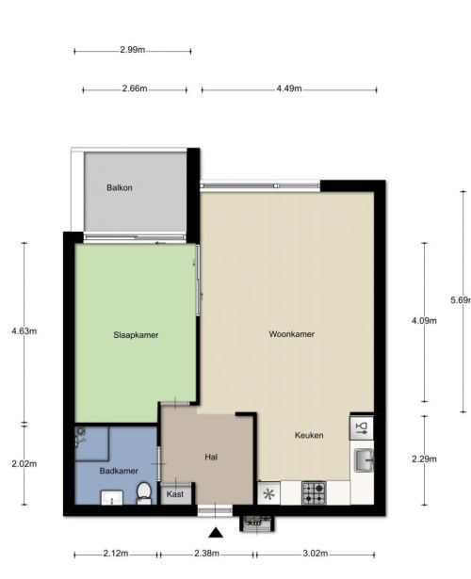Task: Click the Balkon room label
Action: pos(120,187)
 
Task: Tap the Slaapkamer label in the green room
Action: pos(136,335)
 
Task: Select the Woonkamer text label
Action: pos(291,334)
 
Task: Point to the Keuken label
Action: pos(309,435)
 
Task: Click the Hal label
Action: pos(211,458)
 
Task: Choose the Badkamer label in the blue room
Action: pos(119,471)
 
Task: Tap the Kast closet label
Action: pos(174,494)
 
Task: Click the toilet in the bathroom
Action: pos(143,493)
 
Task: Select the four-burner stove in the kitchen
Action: pos(314,493)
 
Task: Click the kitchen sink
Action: pos(364,460)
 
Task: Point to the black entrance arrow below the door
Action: pos(216,533)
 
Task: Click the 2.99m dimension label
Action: pos(132,50)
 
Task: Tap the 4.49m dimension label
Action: pos(289,88)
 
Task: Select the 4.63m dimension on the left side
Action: pos(24,330)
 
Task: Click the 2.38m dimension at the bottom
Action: pos(206,554)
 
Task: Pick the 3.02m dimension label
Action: pos(315,554)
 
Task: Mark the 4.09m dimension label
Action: pos(424,320)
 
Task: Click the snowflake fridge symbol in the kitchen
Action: pos(268,494)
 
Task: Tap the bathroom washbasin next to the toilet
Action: pos(112,497)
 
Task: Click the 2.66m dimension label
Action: pos(135,88)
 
